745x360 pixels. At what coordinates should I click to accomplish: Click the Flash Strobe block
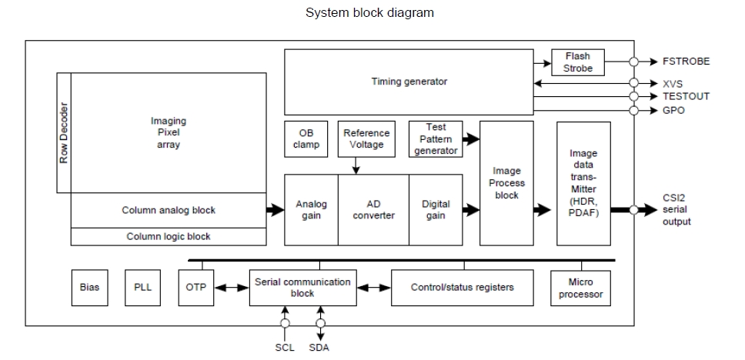pyautogui.click(x=578, y=62)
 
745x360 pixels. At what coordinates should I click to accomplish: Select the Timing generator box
pyautogui.click(x=409, y=82)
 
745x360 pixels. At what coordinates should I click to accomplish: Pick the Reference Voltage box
pyautogui.click(x=366, y=139)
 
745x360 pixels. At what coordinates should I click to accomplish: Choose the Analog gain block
pyautogui.click(x=311, y=210)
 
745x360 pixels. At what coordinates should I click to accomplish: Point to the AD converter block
pyautogui.click(x=373, y=210)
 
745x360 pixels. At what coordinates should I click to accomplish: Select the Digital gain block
pyautogui.click(x=436, y=210)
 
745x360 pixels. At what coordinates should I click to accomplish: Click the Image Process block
pyautogui.click(x=506, y=183)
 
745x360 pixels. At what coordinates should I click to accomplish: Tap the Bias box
pyautogui.click(x=89, y=288)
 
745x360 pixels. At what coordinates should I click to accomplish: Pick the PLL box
pyautogui.click(x=143, y=288)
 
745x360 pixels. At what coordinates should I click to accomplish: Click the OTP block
pyautogui.click(x=195, y=288)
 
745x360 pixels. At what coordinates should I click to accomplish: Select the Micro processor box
pyautogui.click(x=581, y=288)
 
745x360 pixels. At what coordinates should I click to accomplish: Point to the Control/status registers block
pyautogui.click(x=462, y=288)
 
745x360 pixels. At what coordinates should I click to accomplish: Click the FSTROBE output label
pyautogui.click(x=686, y=62)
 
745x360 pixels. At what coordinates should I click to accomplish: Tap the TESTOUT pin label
pyautogui.click(x=686, y=96)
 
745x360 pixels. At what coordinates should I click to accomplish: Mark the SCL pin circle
pyautogui.click(x=285, y=324)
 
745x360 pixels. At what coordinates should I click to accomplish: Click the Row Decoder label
pyautogui.click(x=64, y=133)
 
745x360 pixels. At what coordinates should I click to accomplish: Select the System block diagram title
pyautogui.click(x=370, y=12)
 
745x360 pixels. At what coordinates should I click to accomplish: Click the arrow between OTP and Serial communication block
pyautogui.click(x=230, y=288)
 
